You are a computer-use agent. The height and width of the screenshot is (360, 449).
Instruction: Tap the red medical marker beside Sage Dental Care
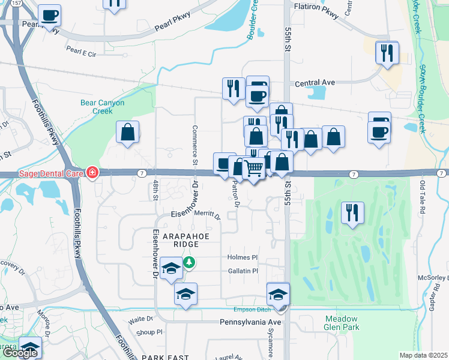point(92,173)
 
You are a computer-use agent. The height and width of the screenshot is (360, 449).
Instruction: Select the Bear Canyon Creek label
point(102,106)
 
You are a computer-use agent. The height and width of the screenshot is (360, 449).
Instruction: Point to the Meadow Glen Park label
point(342,323)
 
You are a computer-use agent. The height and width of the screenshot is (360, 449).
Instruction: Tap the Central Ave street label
point(315,83)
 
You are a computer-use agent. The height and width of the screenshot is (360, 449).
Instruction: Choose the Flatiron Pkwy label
point(316,8)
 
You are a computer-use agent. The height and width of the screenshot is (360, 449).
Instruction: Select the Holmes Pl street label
point(243,257)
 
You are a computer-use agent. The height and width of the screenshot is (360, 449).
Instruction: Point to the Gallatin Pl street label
point(243,271)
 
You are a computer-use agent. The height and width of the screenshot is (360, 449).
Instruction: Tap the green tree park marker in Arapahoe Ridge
point(189,262)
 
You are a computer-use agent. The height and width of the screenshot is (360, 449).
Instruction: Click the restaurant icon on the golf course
point(352,212)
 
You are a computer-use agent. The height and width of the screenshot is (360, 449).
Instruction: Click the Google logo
point(20,353)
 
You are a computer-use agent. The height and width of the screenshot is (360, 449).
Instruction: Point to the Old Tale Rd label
point(423,192)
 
